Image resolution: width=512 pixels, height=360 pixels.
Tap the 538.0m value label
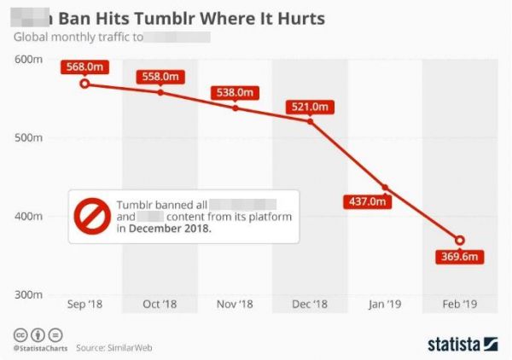point(236,92)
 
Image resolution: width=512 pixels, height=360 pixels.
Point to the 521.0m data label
point(310,107)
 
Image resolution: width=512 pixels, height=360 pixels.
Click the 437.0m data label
point(366,202)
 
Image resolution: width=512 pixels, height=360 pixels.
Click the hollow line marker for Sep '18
point(84,84)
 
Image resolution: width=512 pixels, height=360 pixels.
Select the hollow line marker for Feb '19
point(461,241)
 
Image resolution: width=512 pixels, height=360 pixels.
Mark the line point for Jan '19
point(386,188)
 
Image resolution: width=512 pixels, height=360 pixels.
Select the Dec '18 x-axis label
point(309,305)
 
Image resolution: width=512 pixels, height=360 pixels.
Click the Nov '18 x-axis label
point(235,305)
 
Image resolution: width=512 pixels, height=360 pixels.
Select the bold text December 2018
point(169,229)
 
